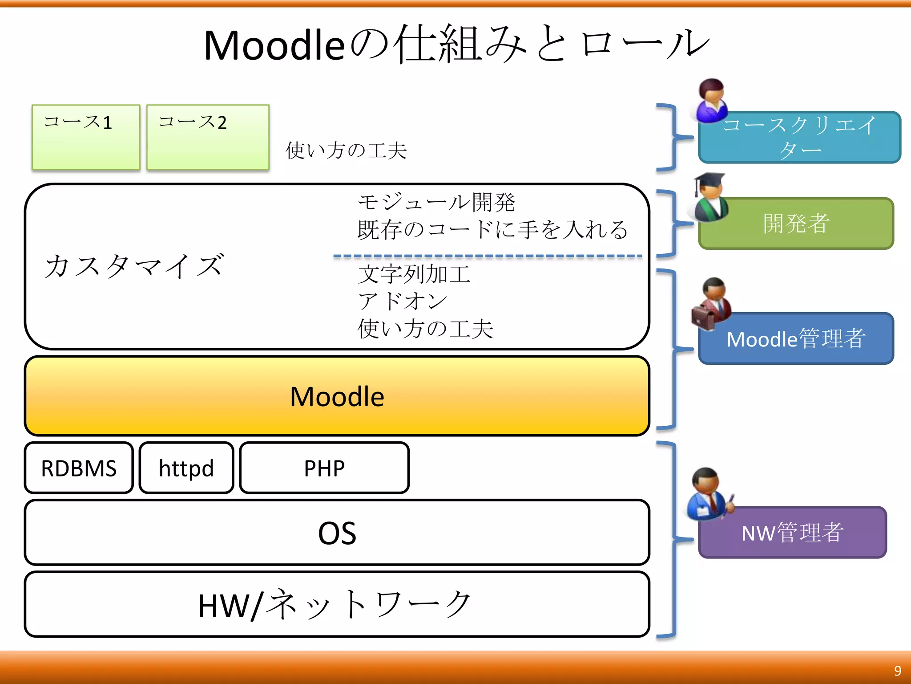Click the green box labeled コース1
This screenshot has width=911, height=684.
coord(86,137)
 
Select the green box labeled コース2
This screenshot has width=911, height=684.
coord(208,137)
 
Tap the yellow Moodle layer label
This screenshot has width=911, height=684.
coord(337,396)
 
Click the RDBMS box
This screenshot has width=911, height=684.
coord(79,468)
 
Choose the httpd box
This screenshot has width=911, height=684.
coord(186,468)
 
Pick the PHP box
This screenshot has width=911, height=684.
coord(324,468)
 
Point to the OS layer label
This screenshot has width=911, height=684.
coord(337,533)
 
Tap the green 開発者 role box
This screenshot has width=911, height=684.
coord(796,224)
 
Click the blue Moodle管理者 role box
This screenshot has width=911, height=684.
coord(796,339)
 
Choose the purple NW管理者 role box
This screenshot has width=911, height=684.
coord(793,533)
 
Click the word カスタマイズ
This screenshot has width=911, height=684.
coord(133,266)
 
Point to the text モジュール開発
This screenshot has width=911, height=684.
coord(436,203)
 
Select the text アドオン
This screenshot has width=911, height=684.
coord(403,301)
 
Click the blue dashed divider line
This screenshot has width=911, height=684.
coord(487,256)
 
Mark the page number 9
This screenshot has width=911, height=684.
coord(898,671)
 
